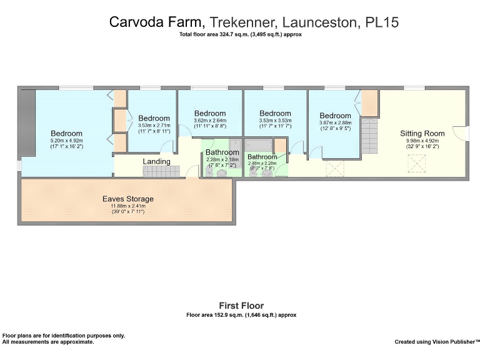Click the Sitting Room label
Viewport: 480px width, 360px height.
[422, 133]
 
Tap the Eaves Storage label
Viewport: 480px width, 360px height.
[127, 199]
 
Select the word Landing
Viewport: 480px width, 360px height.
[156, 162]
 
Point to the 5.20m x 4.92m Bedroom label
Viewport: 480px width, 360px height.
[66, 133]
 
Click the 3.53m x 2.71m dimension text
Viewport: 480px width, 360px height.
[154, 125]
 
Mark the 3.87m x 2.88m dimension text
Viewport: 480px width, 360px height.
[335, 122]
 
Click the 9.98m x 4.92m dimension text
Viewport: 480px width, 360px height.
[422, 141]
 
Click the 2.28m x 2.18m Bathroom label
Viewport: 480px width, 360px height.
[222, 152]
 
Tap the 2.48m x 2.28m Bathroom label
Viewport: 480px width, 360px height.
[262, 157]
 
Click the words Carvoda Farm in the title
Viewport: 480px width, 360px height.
[157, 22]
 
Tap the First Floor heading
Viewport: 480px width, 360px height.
[241, 306]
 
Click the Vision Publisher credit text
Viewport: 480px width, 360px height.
[437, 342]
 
